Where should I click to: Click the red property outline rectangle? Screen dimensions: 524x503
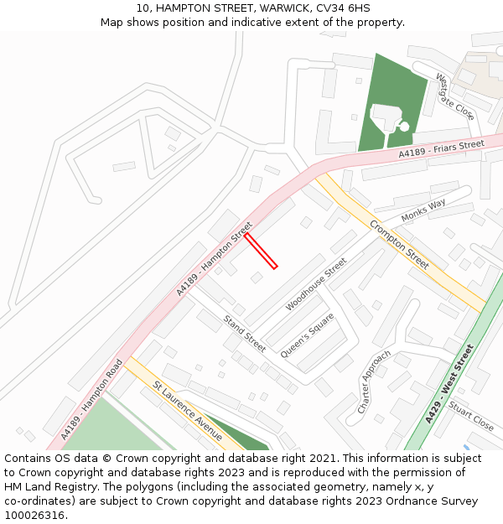click(x=261, y=251)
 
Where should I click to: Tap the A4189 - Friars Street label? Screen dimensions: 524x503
click(x=441, y=149)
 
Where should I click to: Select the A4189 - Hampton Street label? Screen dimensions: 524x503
click(x=215, y=258)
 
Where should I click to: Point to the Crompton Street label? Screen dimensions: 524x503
click(x=399, y=244)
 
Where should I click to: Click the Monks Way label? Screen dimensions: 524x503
click(x=423, y=210)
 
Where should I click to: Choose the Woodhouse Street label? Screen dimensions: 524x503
click(x=316, y=284)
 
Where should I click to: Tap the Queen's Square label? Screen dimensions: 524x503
click(x=307, y=336)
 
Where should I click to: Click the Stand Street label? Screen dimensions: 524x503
click(x=244, y=332)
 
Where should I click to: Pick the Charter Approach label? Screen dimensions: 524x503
click(x=374, y=381)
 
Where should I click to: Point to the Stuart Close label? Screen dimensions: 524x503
click(x=470, y=415)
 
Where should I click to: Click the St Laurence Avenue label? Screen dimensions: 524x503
click(x=187, y=411)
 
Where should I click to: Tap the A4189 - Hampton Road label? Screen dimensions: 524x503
click(x=92, y=399)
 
